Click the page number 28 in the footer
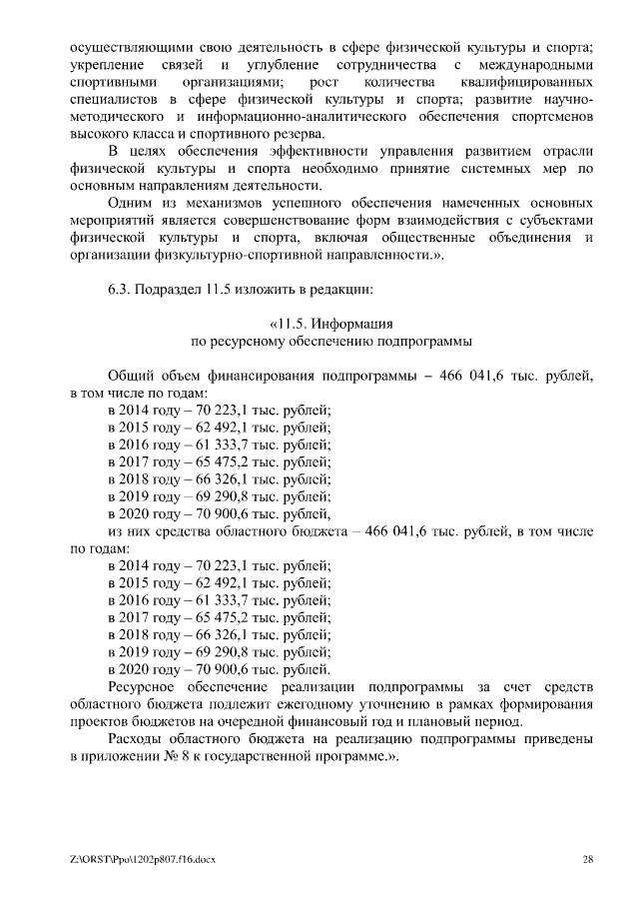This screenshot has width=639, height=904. point(588,859)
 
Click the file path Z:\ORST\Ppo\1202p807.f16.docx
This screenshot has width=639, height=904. point(143,859)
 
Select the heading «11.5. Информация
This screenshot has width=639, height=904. point(330,324)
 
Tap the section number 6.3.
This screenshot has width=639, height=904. point(120,289)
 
